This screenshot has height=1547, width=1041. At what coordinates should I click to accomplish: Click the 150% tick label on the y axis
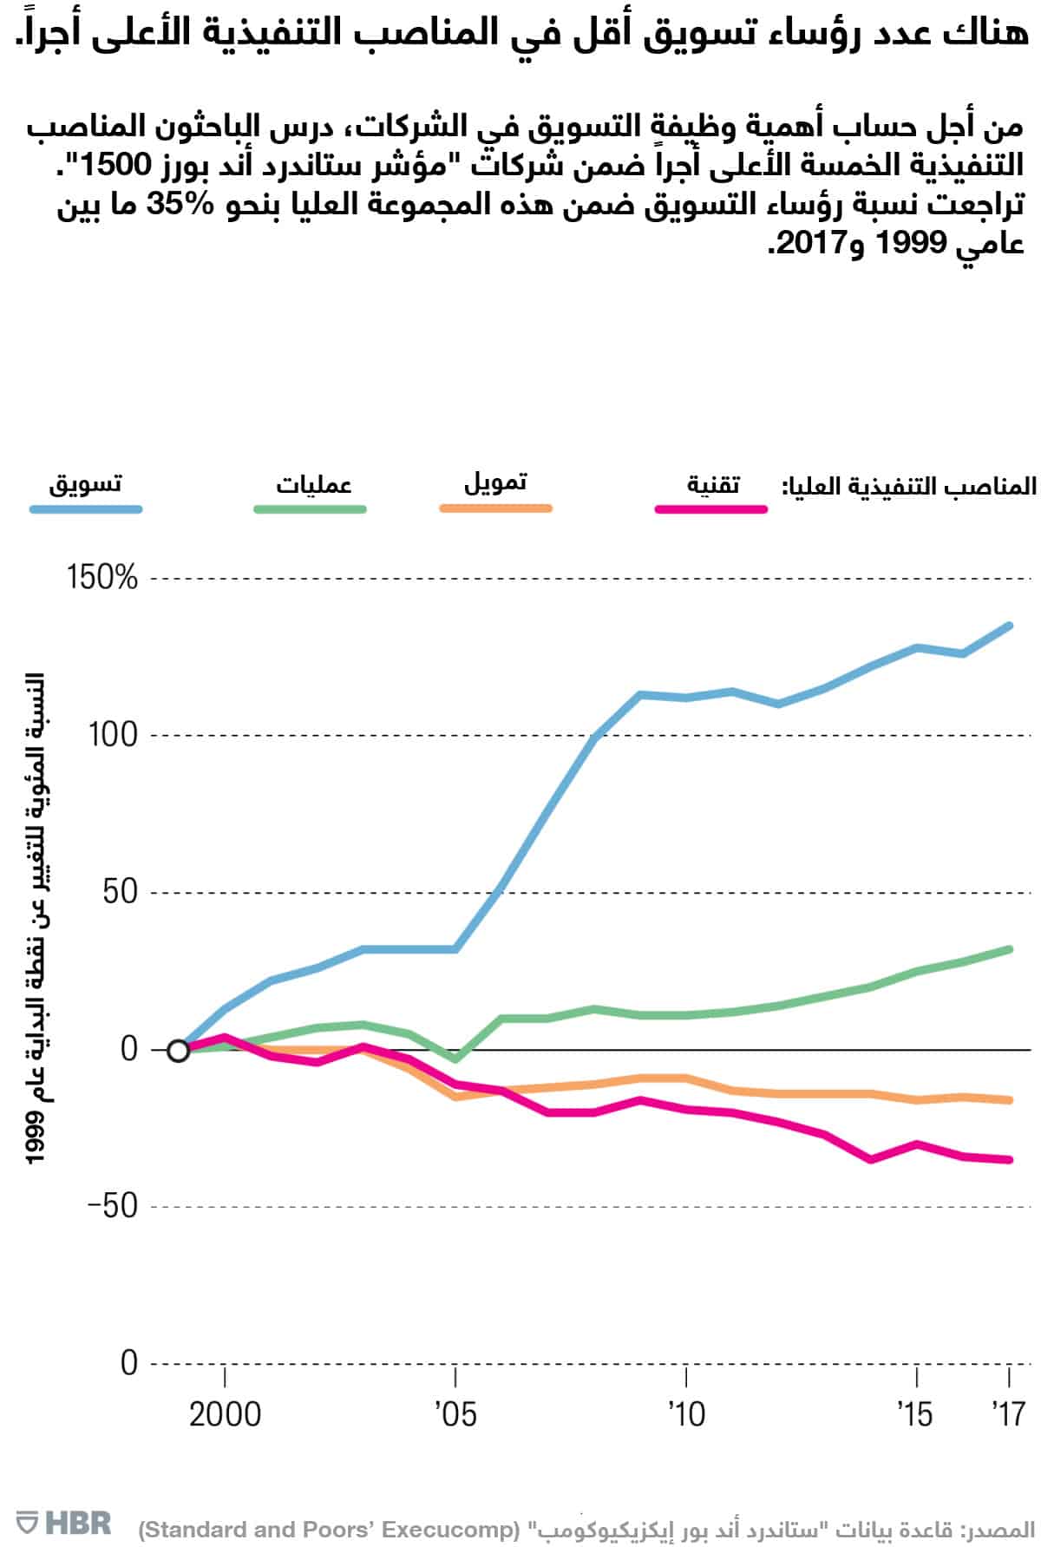[x=102, y=578]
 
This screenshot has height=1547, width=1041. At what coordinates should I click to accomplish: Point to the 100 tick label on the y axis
[x=113, y=735]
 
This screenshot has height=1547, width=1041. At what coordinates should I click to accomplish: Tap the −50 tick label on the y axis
[x=112, y=1206]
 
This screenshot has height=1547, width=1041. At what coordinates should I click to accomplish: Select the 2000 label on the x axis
[x=225, y=1415]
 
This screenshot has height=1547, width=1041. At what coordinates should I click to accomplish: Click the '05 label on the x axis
[x=455, y=1415]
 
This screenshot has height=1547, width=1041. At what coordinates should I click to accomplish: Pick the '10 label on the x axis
[x=686, y=1415]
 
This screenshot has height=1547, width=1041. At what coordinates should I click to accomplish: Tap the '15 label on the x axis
[x=915, y=1415]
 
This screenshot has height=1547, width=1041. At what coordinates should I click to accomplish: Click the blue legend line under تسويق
[x=86, y=510]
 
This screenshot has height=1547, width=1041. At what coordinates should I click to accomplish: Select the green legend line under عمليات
[x=310, y=510]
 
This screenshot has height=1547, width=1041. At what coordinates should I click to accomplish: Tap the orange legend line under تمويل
[x=495, y=508]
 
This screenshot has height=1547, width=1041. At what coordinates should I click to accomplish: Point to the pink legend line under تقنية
[x=710, y=510]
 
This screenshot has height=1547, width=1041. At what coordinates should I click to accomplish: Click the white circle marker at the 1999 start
[x=178, y=1051]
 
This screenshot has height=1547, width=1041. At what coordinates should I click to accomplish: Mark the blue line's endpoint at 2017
[x=1009, y=625]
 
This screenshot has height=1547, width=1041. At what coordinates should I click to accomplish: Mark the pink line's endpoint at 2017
[x=1009, y=1160]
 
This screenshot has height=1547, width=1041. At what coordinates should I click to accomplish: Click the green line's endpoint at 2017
[x=1009, y=948]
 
